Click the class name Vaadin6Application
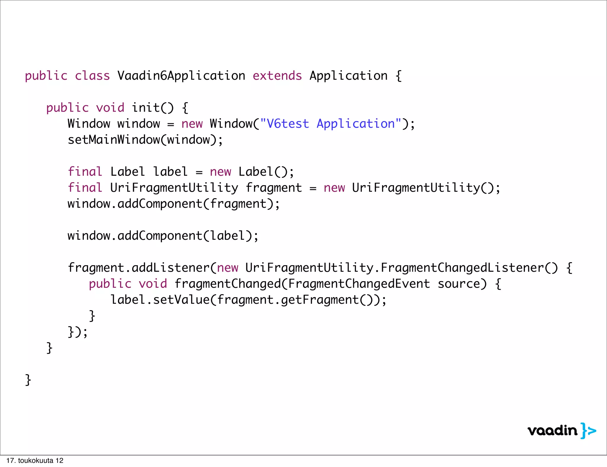pyautogui.click(x=181, y=76)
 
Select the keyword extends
pyautogui.click(x=277, y=76)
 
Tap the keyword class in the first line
pyautogui.click(x=92, y=76)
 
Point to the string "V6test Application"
pyautogui.click(x=330, y=124)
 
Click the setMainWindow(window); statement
pyautogui.click(x=145, y=140)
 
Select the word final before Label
pyautogui.click(x=85, y=172)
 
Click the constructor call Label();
pyautogui.click(x=266, y=172)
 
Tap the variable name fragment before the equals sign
pyautogui.click(x=274, y=188)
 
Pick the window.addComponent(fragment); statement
pyautogui.click(x=173, y=204)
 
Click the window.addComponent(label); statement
pyautogui.click(x=163, y=236)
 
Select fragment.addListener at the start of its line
pyautogui.click(x=138, y=268)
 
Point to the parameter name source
pyautogui.click(x=462, y=284)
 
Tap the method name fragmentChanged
pyautogui.click(x=227, y=284)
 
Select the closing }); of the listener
pyautogui.click(x=78, y=332)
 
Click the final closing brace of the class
pyautogui.click(x=28, y=380)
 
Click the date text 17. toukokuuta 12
pyautogui.click(x=35, y=460)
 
